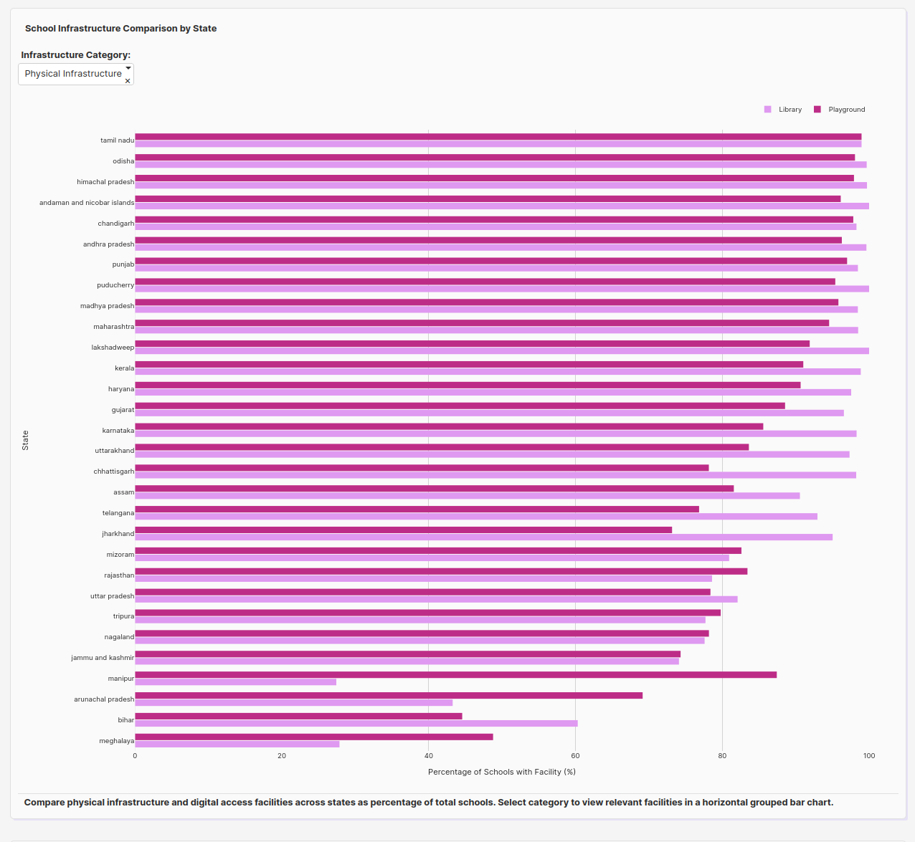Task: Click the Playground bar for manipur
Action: coord(455,675)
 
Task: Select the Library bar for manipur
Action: coord(235,682)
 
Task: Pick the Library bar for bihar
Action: coord(356,724)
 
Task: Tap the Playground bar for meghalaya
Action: coord(313,737)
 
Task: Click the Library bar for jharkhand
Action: coord(483,537)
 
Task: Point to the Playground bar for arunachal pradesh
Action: coord(389,696)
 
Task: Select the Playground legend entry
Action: coord(840,110)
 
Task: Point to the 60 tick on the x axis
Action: coord(575,756)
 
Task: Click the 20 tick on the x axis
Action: coord(282,756)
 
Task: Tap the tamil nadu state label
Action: coord(117,140)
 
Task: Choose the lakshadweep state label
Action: coord(113,348)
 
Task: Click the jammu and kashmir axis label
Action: coord(103,658)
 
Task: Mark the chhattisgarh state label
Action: coord(113,472)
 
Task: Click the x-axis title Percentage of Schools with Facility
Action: coord(502,772)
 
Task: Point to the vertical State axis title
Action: coord(25,440)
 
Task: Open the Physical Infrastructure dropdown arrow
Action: coord(128,68)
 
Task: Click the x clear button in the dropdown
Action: coord(128,81)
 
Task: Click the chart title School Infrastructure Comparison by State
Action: coord(120,29)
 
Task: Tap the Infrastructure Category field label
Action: coord(76,55)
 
